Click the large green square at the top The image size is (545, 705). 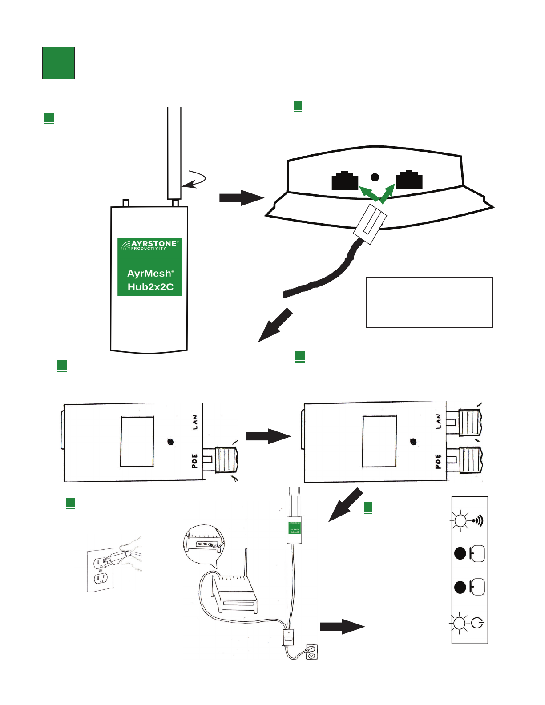click(x=58, y=63)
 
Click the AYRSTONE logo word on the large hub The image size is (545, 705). click(x=154, y=244)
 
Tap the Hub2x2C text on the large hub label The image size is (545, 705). click(x=150, y=287)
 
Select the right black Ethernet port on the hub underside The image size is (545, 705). click(x=409, y=180)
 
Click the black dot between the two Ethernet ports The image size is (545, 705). click(x=375, y=177)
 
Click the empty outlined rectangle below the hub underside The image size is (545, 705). click(x=429, y=302)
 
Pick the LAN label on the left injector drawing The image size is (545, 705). click(x=195, y=422)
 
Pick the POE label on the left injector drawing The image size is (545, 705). click(x=195, y=461)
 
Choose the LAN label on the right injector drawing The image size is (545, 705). click(x=438, y=421)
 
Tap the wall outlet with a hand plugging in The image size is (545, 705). click(x=101, y=570)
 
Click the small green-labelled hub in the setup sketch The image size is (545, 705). click(x=294, y=528)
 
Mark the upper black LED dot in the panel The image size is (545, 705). click(x=460, y=553)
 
